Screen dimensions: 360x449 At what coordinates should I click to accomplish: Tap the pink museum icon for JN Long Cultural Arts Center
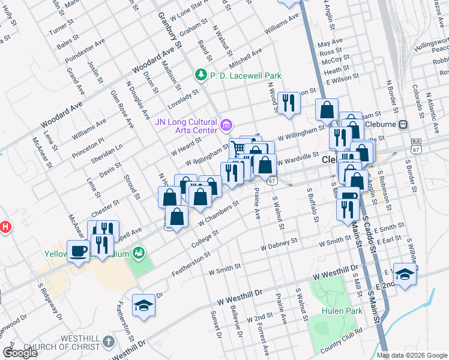point(226,125)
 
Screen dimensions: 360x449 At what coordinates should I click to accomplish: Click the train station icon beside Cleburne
point(403,124)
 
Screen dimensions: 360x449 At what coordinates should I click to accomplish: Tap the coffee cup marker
point(78,250)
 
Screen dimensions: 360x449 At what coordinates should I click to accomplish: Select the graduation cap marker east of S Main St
point(405,273)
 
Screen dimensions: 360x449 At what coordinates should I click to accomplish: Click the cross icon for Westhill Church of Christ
point(108,342)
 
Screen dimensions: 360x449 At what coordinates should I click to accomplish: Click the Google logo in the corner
point(20,353)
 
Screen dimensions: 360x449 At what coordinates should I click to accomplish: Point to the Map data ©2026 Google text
point(412,355)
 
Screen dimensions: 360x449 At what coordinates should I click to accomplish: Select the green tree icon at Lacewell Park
point(200,76)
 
